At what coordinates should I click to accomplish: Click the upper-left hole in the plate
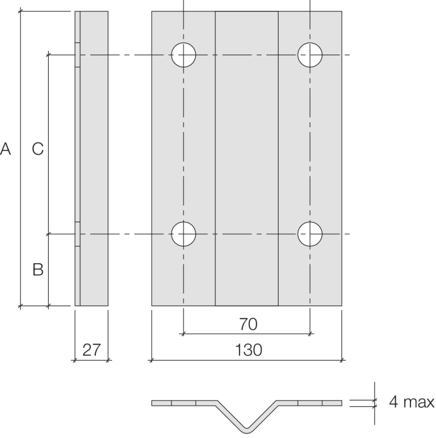(x=183, y=54)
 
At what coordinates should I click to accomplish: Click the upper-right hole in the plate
(x=310, y=54)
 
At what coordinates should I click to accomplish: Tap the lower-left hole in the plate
(x=183, y=234)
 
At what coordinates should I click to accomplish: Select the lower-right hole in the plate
(x=310, y=234)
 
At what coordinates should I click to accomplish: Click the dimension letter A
(x=6, y=149)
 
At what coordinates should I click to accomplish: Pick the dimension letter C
(x=37, y=149)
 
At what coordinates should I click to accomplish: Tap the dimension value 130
(x=248, y=351)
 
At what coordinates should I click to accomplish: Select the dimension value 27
(x=91, y=351)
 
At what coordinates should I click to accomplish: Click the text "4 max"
(x=412, y=403)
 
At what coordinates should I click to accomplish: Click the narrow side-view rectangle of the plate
(x=94, y=159)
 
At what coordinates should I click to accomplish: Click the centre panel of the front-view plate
(x=247, y=159)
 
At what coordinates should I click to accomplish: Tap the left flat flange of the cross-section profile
(x=182, y=403)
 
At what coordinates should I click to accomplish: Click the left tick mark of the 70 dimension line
(x=183, y=334)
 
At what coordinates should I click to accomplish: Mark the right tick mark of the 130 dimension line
(x=342, y=360)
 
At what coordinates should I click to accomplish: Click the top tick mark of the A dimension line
(x=21, y=11)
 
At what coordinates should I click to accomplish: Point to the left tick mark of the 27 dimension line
(x=75, y=360)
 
